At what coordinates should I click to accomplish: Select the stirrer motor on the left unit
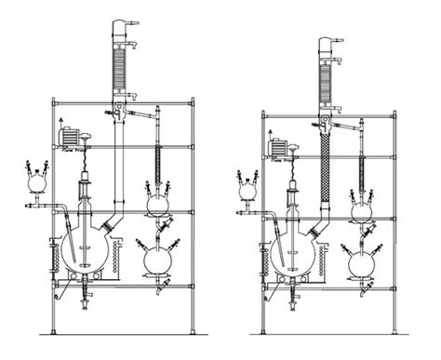(x=70, y=136)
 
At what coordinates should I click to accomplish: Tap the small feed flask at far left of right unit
(x=247, y=188)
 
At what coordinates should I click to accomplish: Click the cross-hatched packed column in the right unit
(x=326, y=177)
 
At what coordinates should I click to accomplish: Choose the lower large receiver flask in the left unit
(x=160, y=258)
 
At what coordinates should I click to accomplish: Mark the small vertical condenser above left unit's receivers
(x=159, y=158)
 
